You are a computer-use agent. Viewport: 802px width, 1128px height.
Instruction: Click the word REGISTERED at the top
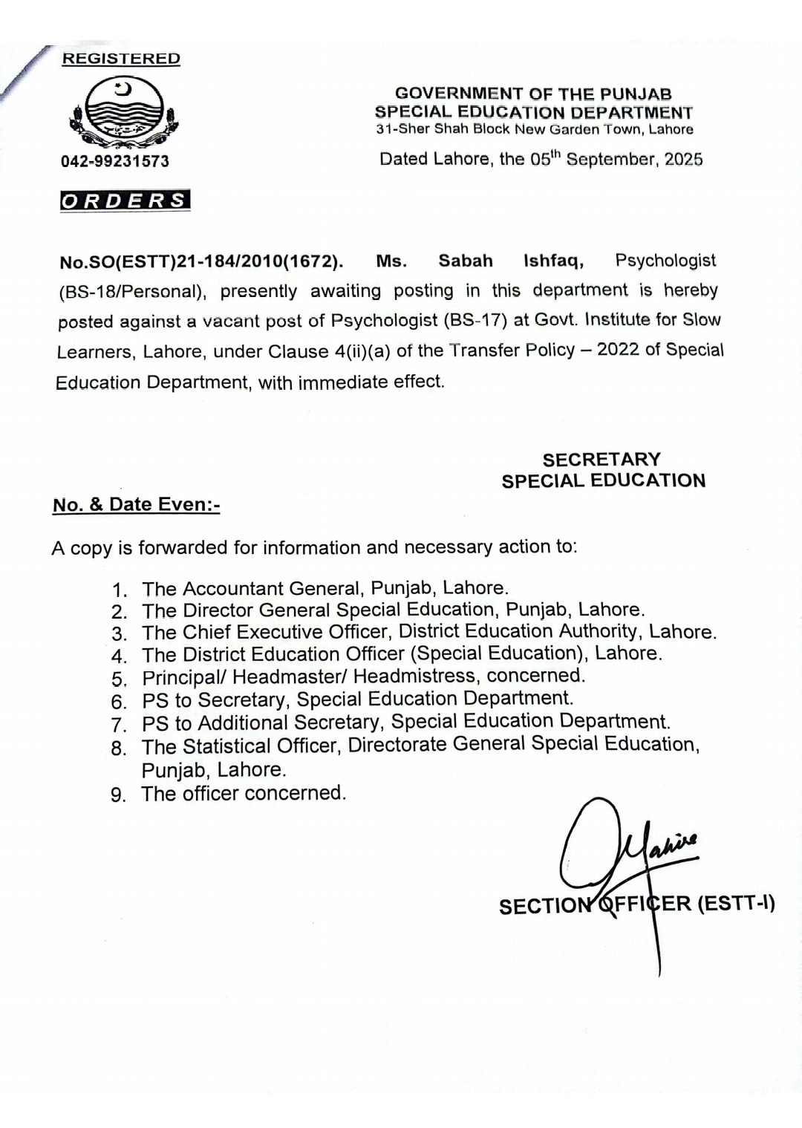tap(120, 59)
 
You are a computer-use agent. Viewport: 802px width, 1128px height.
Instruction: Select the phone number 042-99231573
tap(115, 161)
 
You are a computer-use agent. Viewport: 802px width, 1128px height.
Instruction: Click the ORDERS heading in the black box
tap(125, 201)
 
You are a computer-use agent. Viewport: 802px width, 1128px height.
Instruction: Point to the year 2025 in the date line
tap(684, 160)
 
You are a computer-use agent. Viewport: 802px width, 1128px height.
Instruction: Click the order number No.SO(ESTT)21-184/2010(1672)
tap(200, 262)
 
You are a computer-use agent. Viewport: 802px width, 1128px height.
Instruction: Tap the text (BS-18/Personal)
tap(131, 292)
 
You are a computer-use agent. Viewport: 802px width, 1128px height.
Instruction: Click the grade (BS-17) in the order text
tap(475, 321)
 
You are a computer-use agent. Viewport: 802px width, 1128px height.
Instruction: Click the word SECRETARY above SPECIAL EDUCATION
tap(601, 460)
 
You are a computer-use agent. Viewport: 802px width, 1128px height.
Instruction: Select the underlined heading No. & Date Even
tap(136, 505)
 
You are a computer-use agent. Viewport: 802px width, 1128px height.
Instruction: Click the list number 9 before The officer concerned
tap(117, 795)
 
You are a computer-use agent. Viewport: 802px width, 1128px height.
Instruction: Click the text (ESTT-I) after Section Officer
tap(736, 904)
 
